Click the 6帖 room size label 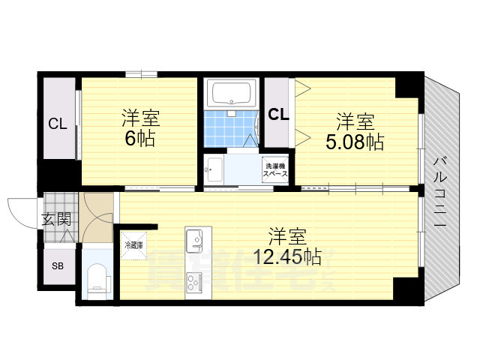141,138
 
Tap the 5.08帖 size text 354,142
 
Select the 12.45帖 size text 287,257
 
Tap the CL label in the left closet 58,124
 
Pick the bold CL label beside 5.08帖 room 279,115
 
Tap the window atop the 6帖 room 140,73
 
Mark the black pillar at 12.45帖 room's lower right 406,289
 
